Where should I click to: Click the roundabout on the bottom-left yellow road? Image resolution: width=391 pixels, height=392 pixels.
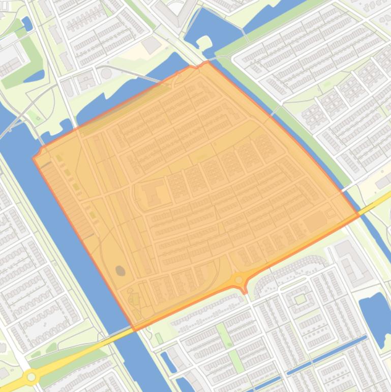pos(32,377)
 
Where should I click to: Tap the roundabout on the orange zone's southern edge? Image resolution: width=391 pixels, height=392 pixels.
pos(238,279)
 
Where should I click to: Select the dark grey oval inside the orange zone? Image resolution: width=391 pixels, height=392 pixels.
pos(121,270)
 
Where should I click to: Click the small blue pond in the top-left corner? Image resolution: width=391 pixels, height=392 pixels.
pos(26,23)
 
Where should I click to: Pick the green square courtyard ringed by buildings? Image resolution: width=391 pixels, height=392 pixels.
pos(300,299)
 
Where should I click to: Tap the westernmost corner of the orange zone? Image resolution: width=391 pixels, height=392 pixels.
pos(34,158)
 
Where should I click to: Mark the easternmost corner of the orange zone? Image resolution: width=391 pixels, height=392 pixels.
pos(359,215)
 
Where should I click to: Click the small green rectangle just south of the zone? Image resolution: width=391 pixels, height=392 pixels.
pos(159,338)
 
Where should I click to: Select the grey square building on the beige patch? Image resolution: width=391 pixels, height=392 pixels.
pos(152,45)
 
